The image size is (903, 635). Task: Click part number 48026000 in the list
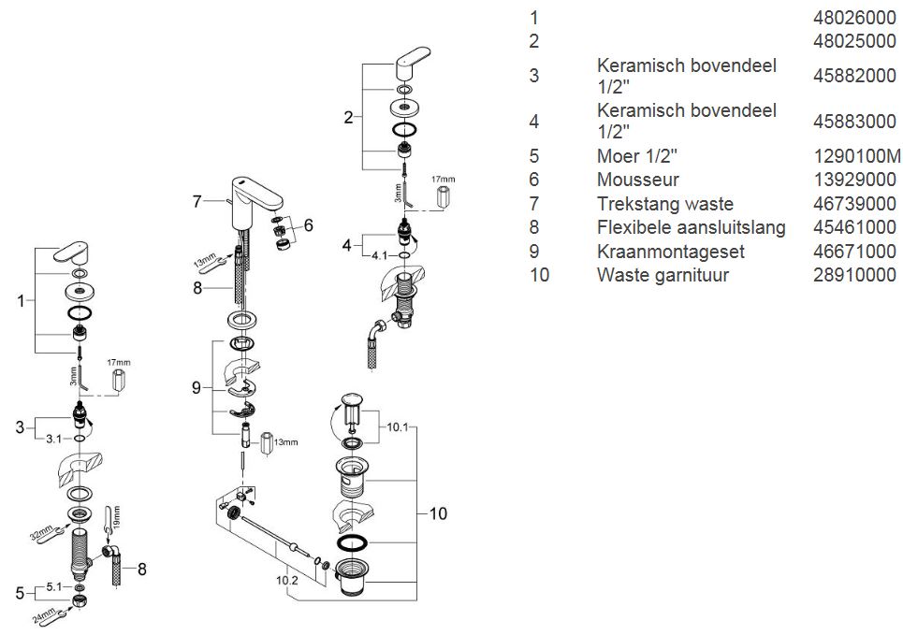855,18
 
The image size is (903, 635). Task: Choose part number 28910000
855,275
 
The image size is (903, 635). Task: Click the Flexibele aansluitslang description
691,227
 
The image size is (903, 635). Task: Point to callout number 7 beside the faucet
197,200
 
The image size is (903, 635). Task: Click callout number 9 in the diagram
197,387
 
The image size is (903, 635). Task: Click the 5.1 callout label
52,588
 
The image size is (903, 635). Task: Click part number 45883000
855,122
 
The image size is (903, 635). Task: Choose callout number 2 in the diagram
348,117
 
